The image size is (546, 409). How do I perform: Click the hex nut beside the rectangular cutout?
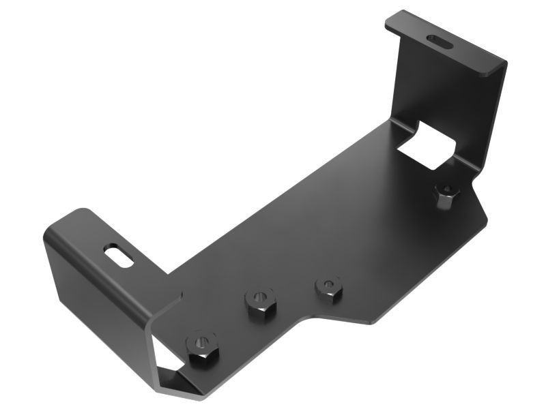(447, 195)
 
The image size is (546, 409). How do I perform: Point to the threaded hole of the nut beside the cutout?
(447, 190)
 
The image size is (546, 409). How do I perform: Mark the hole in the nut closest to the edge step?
(329, 282)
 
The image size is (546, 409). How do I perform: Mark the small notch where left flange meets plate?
(179, 294)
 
